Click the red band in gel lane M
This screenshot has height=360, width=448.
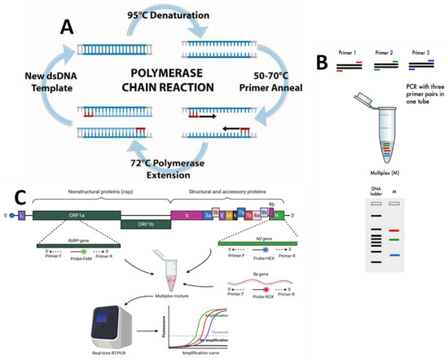(393, 230)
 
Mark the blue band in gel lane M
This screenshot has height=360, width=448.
(393, 256)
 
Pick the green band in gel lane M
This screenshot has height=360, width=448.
(393, 239)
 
